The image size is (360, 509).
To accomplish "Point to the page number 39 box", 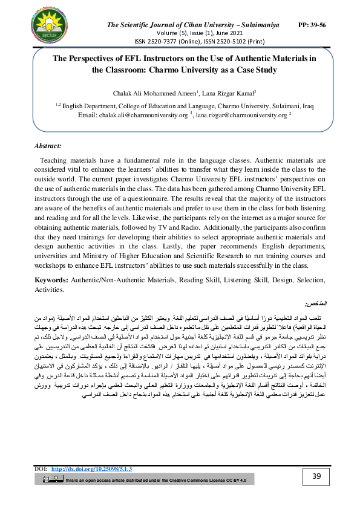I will point(316,477).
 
